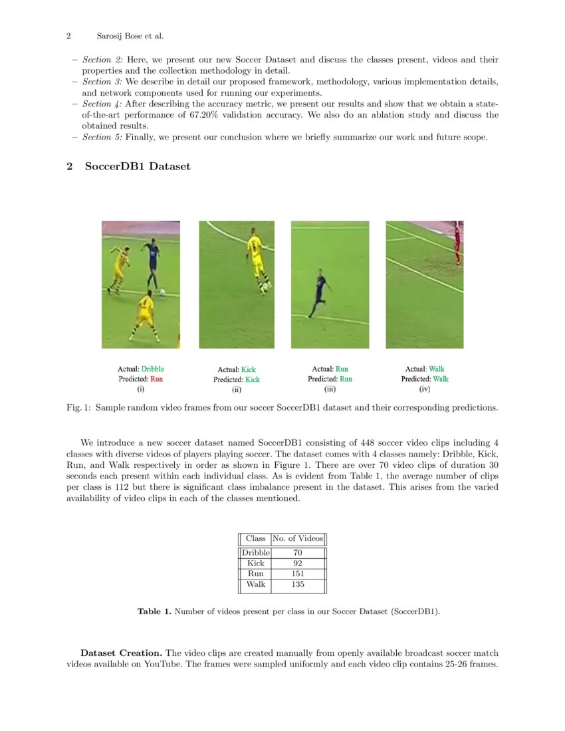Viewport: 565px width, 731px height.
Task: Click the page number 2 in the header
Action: pos(68,36)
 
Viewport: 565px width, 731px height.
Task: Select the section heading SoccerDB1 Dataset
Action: pos(137,166)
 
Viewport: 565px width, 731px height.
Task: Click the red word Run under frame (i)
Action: pos(156,379)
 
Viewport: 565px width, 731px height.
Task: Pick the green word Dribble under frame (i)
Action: pos(152,369)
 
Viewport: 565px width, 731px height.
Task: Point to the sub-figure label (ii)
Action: pos(236,390)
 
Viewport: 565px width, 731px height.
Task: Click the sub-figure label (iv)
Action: pos(425,389)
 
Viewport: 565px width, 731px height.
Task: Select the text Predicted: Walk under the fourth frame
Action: pos(425,379)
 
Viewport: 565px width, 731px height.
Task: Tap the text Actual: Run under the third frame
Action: pos(330,369)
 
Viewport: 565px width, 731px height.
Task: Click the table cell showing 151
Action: pos(298,574)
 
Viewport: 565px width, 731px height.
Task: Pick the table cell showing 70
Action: pos(298,552)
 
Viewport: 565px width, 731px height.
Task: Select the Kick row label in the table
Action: pos(255,563)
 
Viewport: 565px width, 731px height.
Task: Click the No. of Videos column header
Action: pos(298,538)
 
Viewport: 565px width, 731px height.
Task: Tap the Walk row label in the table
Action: pos(255,584)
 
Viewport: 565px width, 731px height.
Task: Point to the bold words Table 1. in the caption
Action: pos(154,611)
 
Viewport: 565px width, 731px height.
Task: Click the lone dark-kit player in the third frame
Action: pos(321,291)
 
